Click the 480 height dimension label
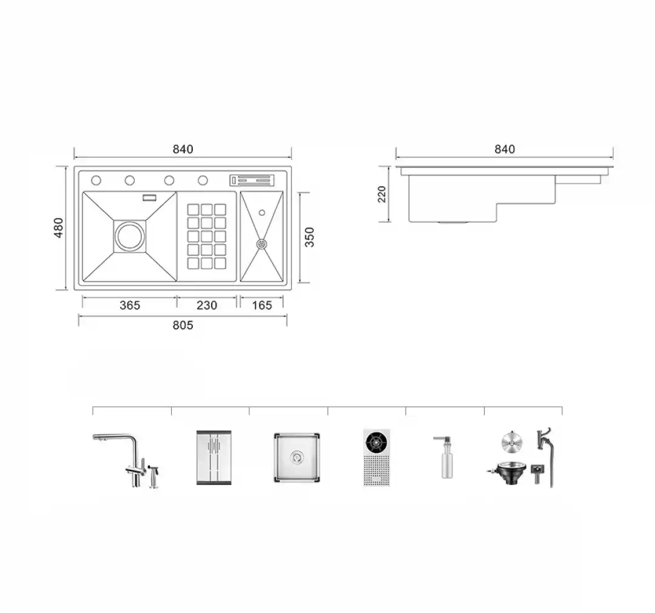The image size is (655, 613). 59,227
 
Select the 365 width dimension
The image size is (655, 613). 130,305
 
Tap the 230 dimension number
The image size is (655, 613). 207,305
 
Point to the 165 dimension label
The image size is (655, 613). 262,305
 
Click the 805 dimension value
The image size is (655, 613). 183,325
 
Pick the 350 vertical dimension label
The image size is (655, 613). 309,237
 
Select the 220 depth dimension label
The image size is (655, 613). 382,194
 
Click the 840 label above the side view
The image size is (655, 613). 505,149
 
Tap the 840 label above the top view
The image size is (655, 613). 183,149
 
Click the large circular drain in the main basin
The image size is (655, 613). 130,236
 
